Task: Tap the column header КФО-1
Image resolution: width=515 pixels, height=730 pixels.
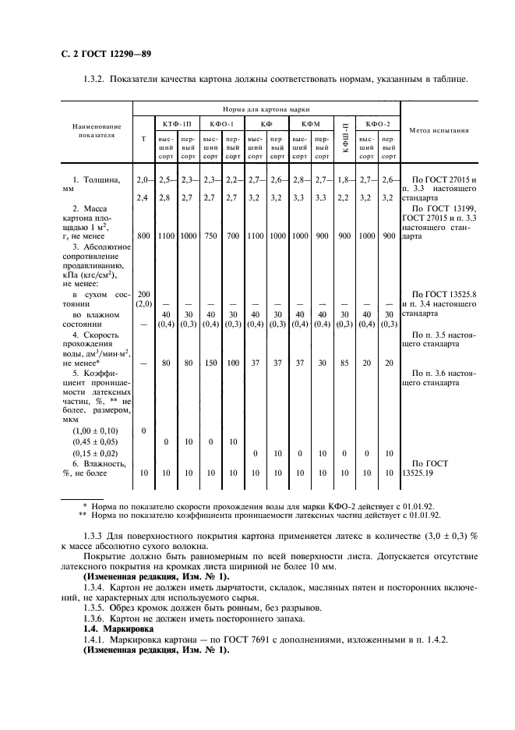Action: [x=221, y=123]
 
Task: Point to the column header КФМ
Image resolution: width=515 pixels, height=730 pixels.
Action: [x=310, y=123]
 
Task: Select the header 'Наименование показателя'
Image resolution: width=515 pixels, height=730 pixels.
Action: [x=97, y=129]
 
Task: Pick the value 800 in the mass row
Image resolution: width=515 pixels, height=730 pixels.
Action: [x=143, y=235]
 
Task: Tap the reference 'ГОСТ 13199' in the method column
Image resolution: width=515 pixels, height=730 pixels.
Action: [x=446, y=207]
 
